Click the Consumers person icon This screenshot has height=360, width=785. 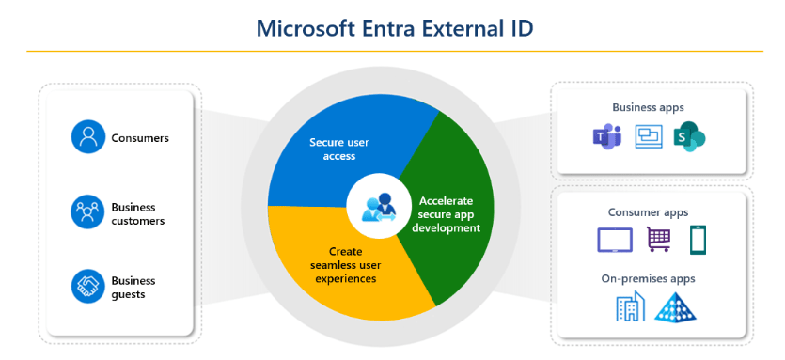coord(88,136)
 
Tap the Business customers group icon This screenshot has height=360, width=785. coord(88,211)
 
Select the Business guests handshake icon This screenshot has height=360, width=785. coord(88,287)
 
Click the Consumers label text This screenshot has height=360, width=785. coord(140,138)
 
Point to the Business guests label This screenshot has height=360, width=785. coord(133,288)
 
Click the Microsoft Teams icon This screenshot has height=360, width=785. coord(606,135)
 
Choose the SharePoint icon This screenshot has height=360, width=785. coord(689,136)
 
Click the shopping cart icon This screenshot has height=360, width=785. coord(658,240)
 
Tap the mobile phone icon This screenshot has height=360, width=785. coord(698,240)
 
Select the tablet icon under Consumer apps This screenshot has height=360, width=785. coord(615,240)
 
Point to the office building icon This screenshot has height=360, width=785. coord(630,305)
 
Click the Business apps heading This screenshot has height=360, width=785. coord(648,107)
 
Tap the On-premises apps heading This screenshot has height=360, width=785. coord(649,278)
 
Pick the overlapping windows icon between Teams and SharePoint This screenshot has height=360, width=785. coord(649,136)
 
